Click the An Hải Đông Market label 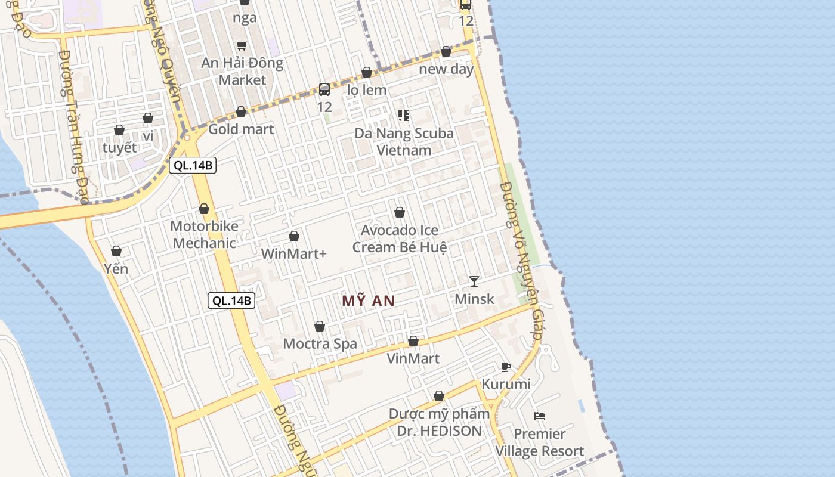coord(242,71)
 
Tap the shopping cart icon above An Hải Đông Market coord(242,45)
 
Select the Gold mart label coord(241,129)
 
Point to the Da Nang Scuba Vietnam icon coord(404,116)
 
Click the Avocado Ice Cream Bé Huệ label coord(400,238)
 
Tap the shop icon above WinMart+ coord(294,237)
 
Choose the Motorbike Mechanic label coord(204,234)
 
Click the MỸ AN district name coord(369,301)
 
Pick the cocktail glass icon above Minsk coord(474,281)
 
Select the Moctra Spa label coord(320,343)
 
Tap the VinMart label coord(413,358)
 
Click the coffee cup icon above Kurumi coord(506,367)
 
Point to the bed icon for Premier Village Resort coord(540,416)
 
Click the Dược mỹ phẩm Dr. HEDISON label coord(439,422)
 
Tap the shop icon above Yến coord(116,252)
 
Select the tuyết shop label coord(119,147)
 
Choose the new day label coord(446,69)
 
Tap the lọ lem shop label coord(367,90)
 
